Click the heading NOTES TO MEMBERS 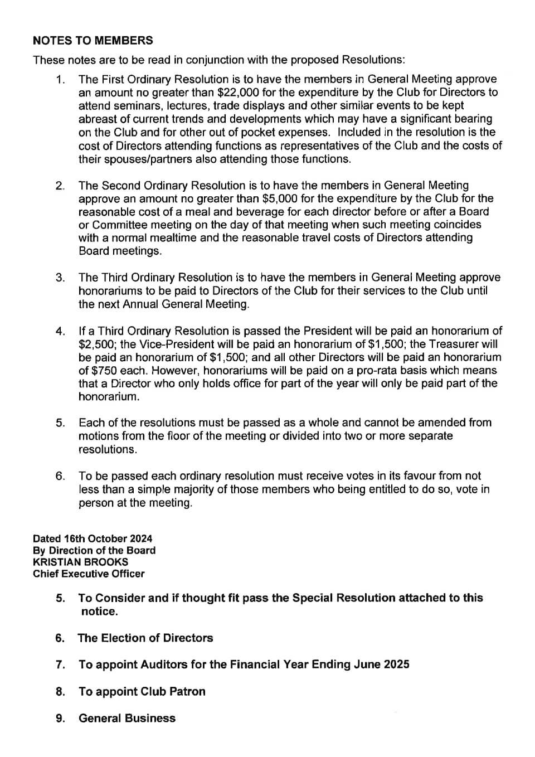93,41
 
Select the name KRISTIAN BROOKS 80,562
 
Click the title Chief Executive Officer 89,574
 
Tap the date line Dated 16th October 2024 93,538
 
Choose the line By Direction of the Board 94,550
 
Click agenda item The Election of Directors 145,638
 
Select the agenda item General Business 127,719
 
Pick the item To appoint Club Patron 142,692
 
